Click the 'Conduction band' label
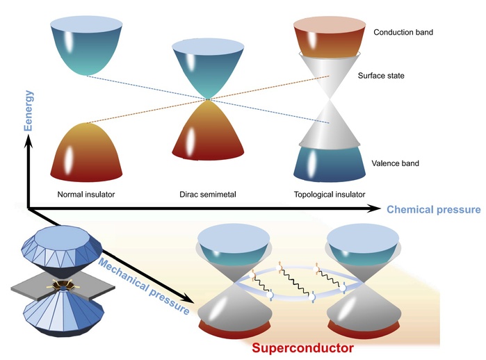[x=403, y=33]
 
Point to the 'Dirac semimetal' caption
[x=204, y=194]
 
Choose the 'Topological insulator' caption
[x=327, y=194]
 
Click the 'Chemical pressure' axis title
[x=433, y=209]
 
